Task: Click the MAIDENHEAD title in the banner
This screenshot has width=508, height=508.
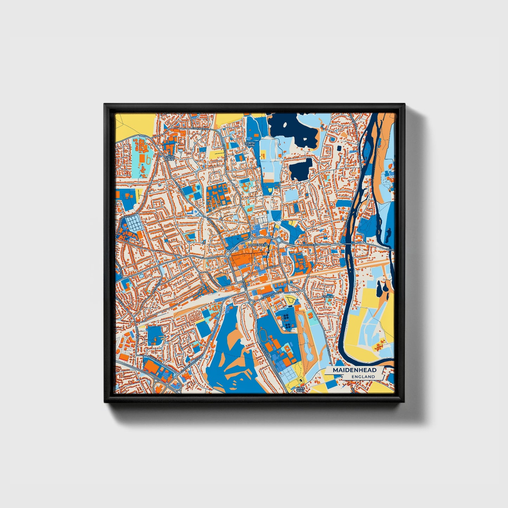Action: click(x=354, y=370)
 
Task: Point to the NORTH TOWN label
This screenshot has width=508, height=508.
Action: click(x=250, y=144)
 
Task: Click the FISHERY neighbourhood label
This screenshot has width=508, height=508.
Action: click(x=328, y=296)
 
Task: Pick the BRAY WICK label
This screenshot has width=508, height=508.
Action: click(x=300, y=390)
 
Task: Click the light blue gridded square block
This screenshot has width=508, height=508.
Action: click(x=133, y=223)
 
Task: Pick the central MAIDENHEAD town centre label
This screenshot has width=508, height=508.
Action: click(x=258, y=245)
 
